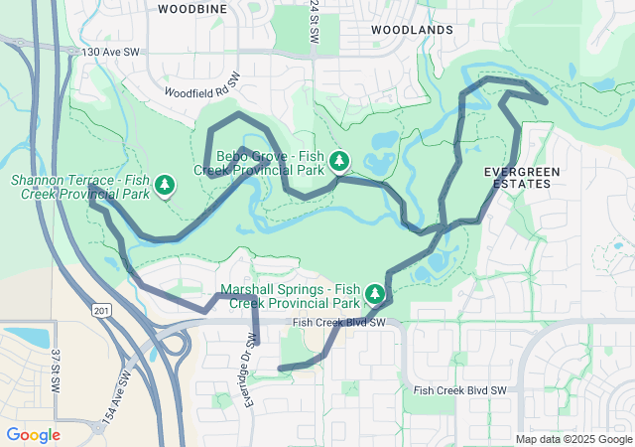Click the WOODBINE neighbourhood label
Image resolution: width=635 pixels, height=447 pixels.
(x=191, y=8)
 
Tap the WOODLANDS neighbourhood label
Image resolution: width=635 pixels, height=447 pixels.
(x=412, y=30)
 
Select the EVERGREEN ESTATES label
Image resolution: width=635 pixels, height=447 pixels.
(x=521, y=178)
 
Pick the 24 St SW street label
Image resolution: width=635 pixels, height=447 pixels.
(x=315, y=20)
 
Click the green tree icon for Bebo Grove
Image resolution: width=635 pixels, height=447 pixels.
(x=339, y=160)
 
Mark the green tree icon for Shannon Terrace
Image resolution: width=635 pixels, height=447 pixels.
(x=165, y=185)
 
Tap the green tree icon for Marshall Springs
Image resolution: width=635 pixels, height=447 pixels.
(x=375, y=293)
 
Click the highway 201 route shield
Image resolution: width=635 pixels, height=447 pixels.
(x=99, y=311)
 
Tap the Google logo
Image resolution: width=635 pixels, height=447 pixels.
(x=33, y=435)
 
